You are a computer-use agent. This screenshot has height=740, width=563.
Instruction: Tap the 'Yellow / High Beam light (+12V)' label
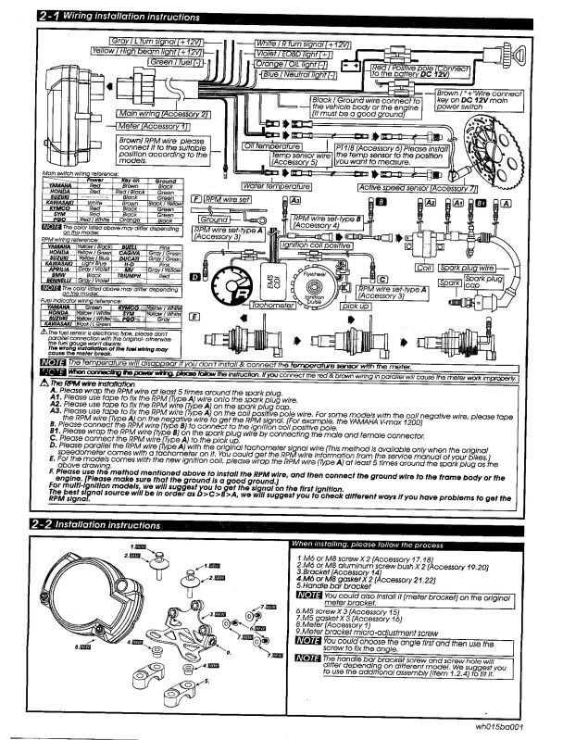pyautogui.click(x=153, y=53)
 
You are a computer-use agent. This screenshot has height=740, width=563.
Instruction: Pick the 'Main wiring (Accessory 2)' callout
pyautogui.click(x=163, y=114)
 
